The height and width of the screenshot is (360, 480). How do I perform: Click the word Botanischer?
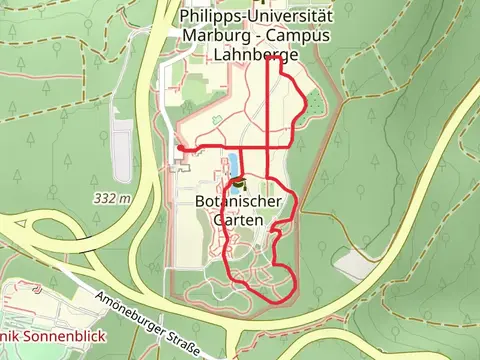[239, 200]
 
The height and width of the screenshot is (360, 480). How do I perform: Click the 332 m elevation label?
[113, 198]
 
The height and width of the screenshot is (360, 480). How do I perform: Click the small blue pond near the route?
[233, 163]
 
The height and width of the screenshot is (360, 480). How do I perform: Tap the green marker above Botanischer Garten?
[239, 182]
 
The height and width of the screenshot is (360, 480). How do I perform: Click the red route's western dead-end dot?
[180, 148]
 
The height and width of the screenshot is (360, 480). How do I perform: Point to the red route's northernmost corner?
[272, 58]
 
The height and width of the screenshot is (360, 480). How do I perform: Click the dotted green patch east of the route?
[316, 102]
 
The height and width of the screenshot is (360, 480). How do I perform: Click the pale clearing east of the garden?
[354, 264]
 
